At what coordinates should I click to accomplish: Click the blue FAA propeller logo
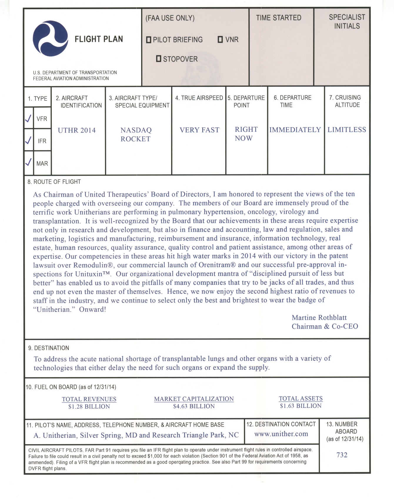pos(51,38)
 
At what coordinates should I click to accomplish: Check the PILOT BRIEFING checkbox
pos(149,39)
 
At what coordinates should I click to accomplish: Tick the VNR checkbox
pos(220,39)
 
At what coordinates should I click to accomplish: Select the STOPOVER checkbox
pos(159,59)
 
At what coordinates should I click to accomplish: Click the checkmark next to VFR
pos(28,118)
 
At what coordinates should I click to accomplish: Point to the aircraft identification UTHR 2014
pos(77,130)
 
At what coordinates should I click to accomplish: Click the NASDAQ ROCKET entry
pos(136,134)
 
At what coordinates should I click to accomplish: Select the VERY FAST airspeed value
pos(199,130)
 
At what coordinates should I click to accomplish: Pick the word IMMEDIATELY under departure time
pos(295,130)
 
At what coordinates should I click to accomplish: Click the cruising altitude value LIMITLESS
pos(347,130)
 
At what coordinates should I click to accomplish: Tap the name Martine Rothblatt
pos(319,318)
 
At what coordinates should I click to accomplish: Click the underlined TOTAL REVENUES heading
pos(89,399)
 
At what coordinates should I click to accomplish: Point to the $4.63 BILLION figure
pos(194,407)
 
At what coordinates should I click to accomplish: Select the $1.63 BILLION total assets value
pos(301,406)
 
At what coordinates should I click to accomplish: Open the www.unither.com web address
pos(281,434)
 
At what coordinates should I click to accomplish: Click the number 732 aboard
pos(342,455)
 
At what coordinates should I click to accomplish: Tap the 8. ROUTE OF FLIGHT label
pos(54,182)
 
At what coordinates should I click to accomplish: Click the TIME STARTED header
pos(278,18)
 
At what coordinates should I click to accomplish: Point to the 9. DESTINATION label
pos(49,348)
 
